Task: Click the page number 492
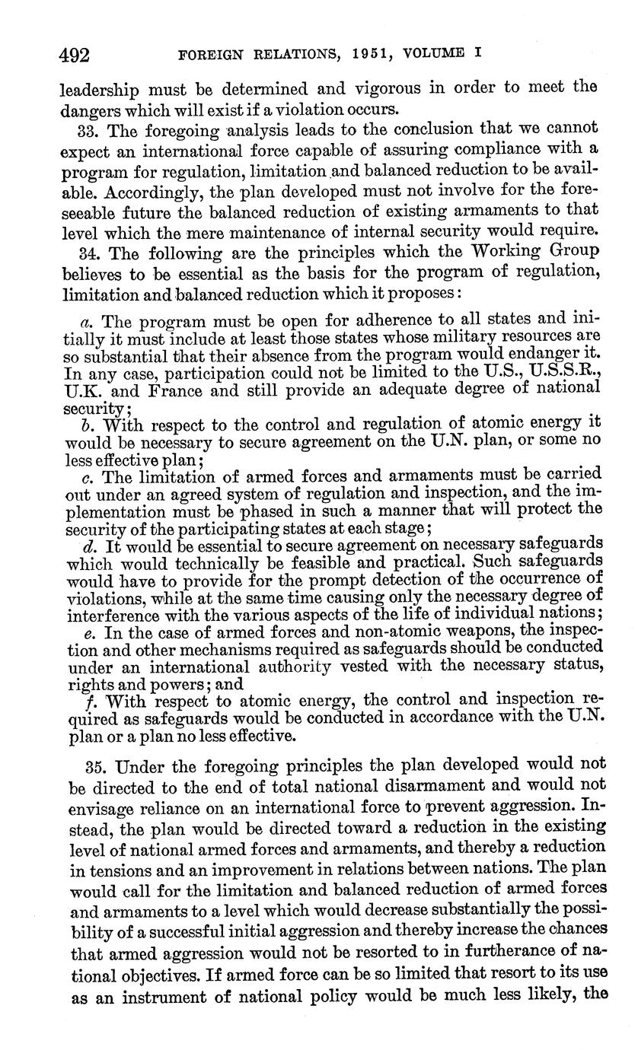point(75,55)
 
